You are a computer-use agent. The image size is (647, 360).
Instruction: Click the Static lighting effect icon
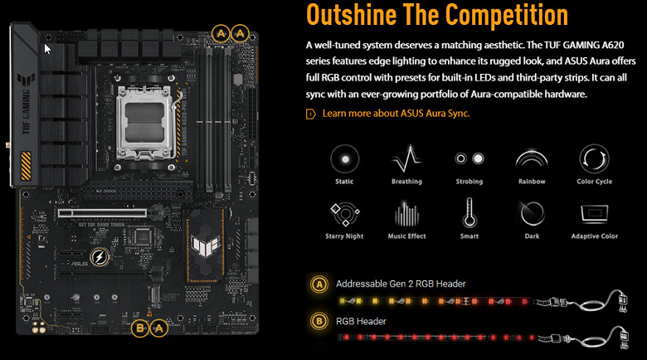(344, 159)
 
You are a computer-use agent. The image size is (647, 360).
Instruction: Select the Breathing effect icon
(406, 158)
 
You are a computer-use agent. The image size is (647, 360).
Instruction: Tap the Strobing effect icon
(469, 158)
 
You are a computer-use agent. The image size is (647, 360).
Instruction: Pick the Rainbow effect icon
(532, 158)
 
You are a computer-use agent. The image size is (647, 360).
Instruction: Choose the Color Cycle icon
(594, 159)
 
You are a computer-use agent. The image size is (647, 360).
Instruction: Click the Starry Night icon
(345, 214)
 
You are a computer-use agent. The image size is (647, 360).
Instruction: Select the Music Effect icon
(406, 214)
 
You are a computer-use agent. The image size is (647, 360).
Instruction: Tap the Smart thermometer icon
(469, 212)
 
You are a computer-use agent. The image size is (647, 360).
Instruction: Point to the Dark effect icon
(532, 213)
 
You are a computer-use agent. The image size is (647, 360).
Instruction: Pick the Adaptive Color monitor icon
(595, 213)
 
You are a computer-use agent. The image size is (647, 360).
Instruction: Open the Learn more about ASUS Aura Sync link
(396, 114)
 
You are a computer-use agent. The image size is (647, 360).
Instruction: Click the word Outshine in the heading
(352, 15)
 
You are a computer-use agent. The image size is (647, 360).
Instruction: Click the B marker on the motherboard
(140, 328)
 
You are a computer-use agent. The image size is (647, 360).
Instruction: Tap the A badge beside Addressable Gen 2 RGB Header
(319, 284)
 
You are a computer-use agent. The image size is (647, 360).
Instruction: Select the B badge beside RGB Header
(319, 321)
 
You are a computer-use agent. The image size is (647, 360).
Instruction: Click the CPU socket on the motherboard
(145, 123)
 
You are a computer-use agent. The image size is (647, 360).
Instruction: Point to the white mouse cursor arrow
(47, 49)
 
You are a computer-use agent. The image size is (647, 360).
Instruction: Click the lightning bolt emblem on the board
(100, 257)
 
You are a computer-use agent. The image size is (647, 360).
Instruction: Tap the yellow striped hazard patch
(26, 166)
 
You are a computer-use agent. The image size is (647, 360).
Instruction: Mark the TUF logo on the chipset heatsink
(205, 245)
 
